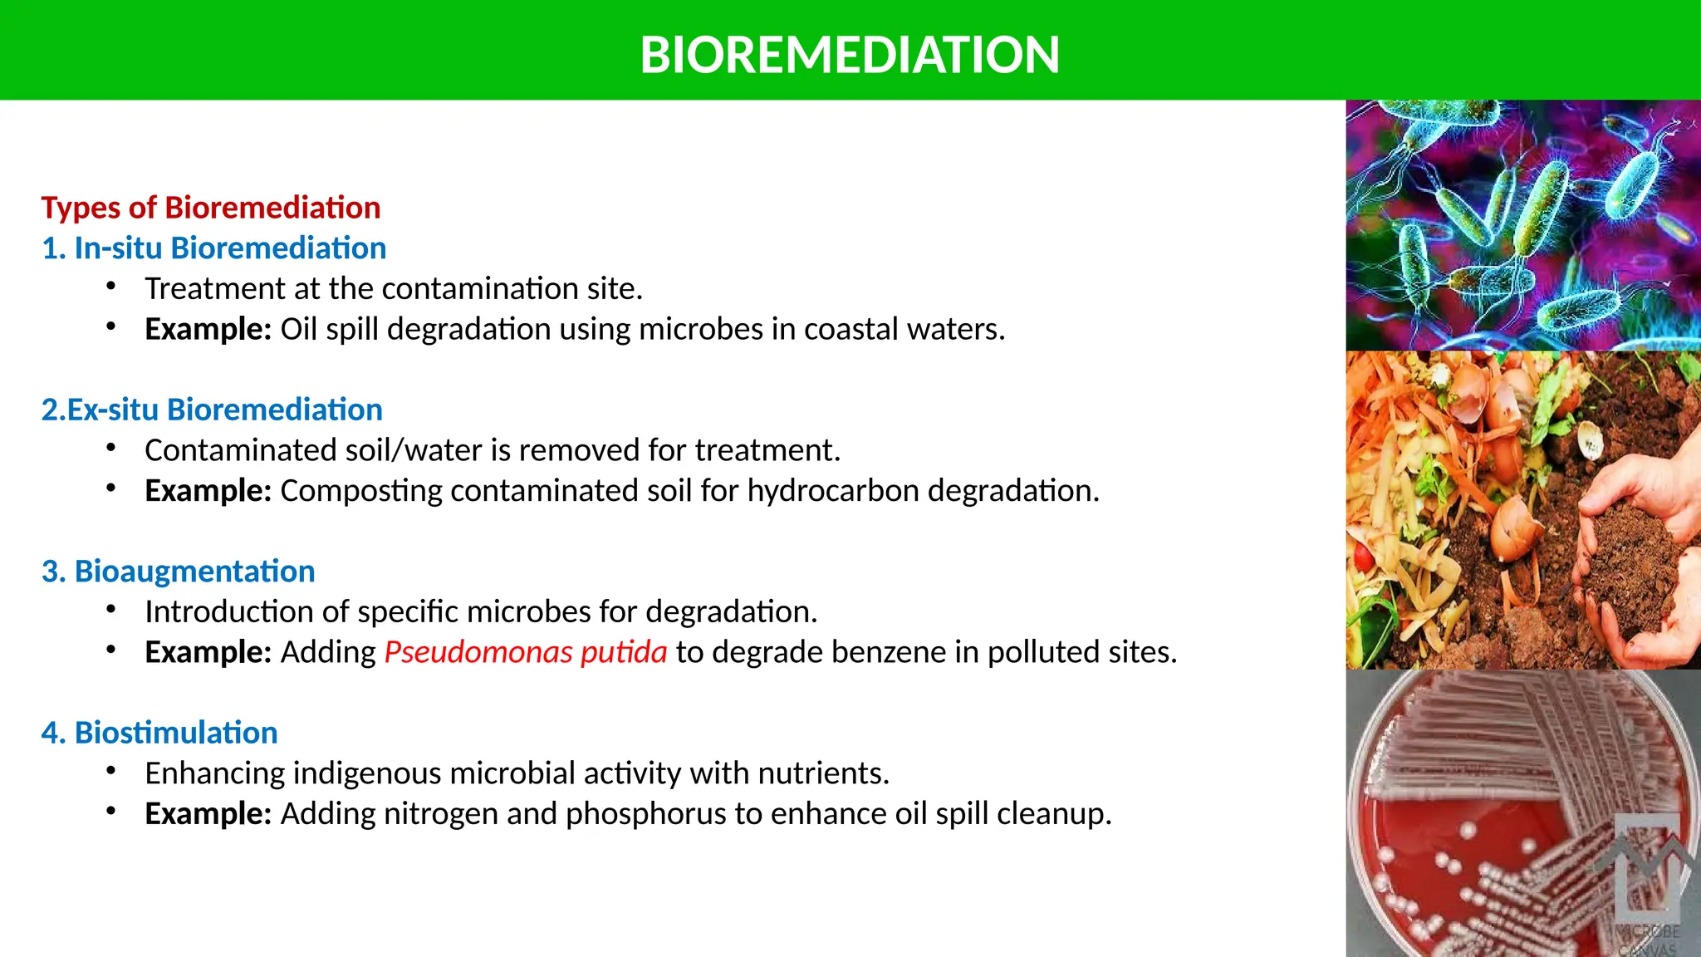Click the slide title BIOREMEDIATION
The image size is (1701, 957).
pyautogui.click(x=850, y=55)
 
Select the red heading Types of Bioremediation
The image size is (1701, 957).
pyautogui.click(x=211, y=208)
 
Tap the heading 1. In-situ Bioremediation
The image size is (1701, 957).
pyautogui.click(x=213, y=248)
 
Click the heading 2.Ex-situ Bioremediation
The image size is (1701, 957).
pyautogui.click(x=212, y=410)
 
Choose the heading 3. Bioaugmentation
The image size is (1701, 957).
pyautogui.click(x=178, y=572)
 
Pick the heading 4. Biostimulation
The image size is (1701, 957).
pyautogui.click(x=159, y=733)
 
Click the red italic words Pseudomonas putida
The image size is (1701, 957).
pyautogui.click(x=526, y=652)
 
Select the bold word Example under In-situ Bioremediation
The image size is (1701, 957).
pyautogui.click(x=208, y=330)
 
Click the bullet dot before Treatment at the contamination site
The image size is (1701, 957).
pyautogui.click(x=110, y=287)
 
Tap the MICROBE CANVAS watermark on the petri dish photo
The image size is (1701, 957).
pyautogui.click(x=1648, y=939)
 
